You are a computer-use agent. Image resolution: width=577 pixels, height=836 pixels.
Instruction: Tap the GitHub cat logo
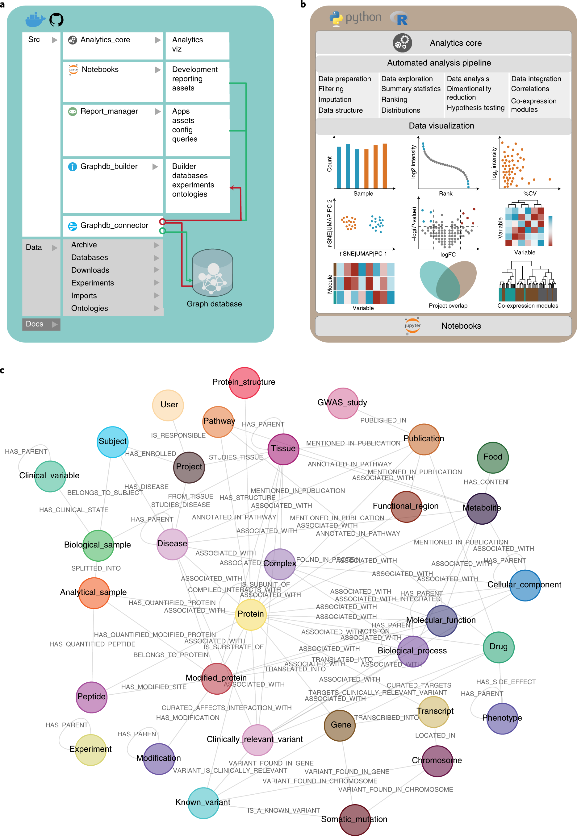click(x=56, y=19)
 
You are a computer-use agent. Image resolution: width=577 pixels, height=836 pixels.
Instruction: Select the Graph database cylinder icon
click(x=213, y=273)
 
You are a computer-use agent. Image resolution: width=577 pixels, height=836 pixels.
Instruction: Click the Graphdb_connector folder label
click(x=114, y=226)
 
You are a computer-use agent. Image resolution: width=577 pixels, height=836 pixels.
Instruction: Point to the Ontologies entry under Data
click(x=90, y=308)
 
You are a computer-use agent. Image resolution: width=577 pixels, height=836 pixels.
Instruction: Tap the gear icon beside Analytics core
click(x=402, y=43)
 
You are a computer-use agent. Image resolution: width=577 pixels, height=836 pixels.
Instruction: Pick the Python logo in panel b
click(x=336, y=19)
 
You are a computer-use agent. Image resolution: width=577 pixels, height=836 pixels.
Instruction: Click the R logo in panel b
click(x=400, y=19)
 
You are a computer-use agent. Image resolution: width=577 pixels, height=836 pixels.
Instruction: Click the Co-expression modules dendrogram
click(x=528, y=282)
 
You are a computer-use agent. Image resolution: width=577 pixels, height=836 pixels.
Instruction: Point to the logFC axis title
click(x=448, y=255)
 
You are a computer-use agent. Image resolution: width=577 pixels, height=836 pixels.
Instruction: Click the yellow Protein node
click(x=251, y=614)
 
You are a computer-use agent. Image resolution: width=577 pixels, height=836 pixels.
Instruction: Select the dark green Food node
click(x=493, y=457)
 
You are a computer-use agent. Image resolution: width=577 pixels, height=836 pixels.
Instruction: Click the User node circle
click(x=168, y=405)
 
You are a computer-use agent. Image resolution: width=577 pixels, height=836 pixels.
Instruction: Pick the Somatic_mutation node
click(x=355, y=819)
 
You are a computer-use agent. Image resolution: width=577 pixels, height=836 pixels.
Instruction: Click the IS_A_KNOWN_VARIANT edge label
click(x=284, y=810)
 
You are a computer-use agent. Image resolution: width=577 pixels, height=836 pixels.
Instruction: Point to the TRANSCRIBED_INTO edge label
click(x=386, y=717)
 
